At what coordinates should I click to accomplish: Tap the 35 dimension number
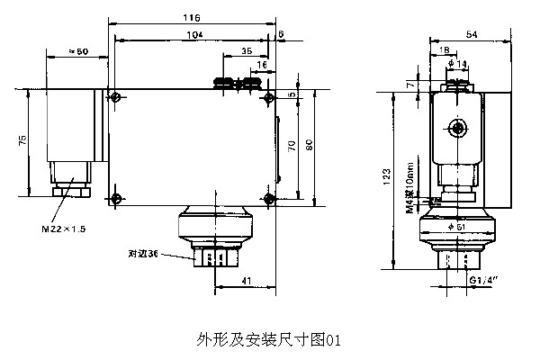tap(247, 52)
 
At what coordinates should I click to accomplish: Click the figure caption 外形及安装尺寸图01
tap(270, 340)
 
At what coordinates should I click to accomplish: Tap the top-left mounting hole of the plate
tap(115, 96)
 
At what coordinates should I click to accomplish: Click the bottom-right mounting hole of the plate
tap(267, 198)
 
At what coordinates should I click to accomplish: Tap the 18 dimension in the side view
tap(445, 50)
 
